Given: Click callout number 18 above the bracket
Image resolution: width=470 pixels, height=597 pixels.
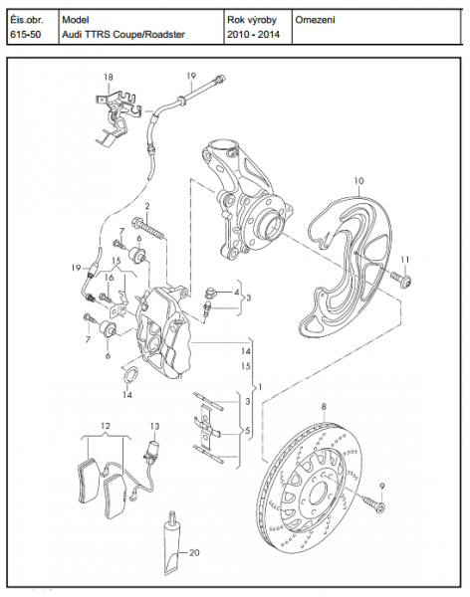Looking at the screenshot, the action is pos(109,78).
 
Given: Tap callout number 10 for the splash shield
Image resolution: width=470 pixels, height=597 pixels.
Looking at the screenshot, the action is pos(359,181).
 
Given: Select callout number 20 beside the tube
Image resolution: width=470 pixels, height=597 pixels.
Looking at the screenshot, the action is pos(194,552).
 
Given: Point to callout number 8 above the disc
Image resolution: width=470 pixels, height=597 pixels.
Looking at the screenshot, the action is pos(324,407).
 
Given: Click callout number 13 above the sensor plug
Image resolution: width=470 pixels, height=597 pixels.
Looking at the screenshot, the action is pos(154,427).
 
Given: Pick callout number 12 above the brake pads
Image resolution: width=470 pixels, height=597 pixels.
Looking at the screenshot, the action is pos(106,426).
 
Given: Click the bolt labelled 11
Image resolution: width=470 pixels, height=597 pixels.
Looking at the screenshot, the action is pos(400,280).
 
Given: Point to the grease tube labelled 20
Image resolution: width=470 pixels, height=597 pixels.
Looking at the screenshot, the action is pos(172,543).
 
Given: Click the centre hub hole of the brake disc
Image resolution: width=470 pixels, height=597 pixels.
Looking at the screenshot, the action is pos(318,495).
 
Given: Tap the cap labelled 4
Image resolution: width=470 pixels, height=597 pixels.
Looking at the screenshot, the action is pos(209,293).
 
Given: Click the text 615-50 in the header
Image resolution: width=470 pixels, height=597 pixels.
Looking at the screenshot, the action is pos(26,34).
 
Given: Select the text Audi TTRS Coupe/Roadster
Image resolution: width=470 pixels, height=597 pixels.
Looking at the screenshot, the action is pos(123,34).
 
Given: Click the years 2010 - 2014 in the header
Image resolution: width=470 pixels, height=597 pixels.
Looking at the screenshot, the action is pos(254,34).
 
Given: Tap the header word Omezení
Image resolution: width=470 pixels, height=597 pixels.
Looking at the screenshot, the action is pos(315,20).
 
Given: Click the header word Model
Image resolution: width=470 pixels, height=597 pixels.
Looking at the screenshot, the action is pos(76,20).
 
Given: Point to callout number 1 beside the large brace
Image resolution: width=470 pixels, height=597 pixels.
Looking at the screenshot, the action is pos(260,387).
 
